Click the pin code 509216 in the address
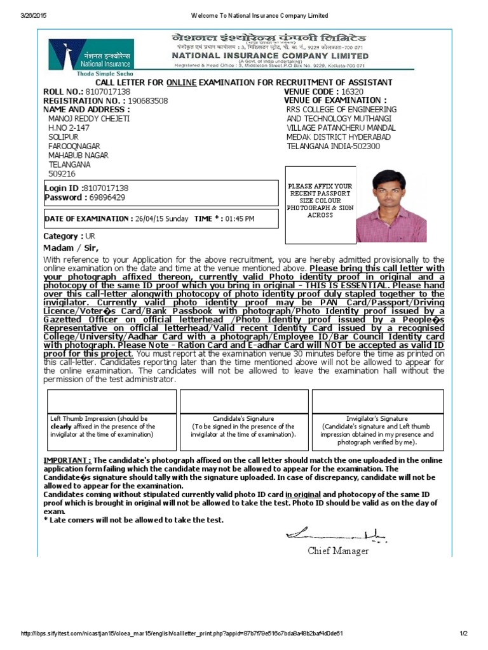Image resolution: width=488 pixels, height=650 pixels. coord(62,173)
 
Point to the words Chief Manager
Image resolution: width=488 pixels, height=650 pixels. coord(338,551)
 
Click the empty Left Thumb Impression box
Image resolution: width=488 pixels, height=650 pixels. coord(112,401)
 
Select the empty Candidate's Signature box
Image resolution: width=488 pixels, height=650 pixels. coord(243,401)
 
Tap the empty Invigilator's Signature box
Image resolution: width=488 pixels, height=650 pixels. coord(377,401)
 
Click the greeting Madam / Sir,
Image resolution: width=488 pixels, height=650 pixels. coord(71,248)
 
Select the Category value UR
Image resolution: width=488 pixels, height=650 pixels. coord(90,236)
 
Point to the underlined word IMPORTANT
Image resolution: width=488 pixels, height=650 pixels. coord(67,460)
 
